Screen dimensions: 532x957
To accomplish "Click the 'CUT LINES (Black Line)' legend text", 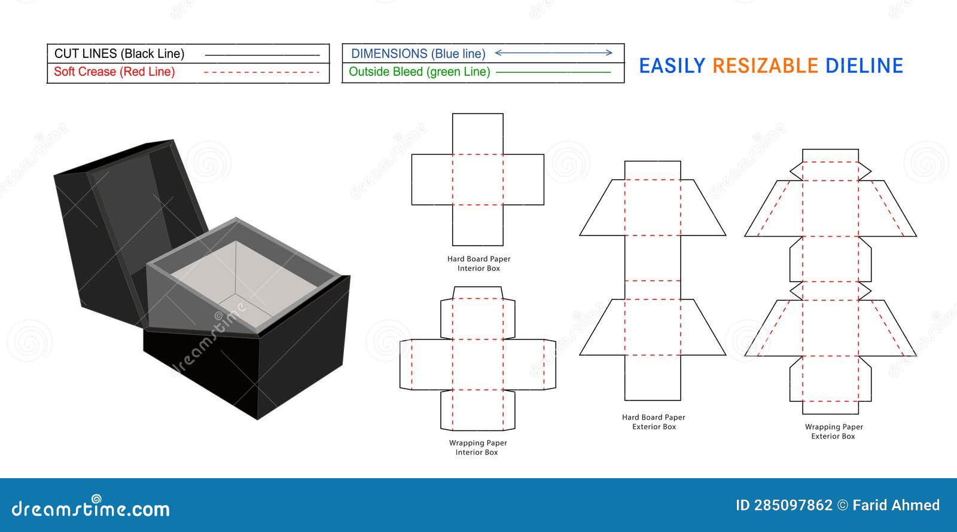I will [119, 54].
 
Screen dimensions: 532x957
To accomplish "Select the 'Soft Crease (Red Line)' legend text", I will [114, 72].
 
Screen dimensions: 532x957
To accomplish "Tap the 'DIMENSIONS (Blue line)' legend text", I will [418, 54].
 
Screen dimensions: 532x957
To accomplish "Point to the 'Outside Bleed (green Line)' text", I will [419, 72].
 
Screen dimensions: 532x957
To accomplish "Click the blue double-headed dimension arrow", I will [554, 53].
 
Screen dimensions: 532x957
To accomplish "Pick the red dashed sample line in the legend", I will [262, 72].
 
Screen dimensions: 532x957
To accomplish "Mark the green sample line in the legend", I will [553, 72].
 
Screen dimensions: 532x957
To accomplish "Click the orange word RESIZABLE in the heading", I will [765, 66].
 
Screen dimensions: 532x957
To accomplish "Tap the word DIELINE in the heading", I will [864, 66].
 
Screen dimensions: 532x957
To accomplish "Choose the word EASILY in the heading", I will [672, 66].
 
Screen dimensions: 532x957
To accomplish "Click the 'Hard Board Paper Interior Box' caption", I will [478, 264].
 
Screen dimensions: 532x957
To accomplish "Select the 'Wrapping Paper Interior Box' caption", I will [477, 448].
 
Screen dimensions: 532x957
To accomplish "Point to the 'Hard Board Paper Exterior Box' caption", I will [654, 422].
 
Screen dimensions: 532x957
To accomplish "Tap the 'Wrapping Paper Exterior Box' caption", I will [834, 432].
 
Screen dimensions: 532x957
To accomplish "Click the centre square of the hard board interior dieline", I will [478, 179].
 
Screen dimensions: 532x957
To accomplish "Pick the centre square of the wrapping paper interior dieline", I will [478, 364].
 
